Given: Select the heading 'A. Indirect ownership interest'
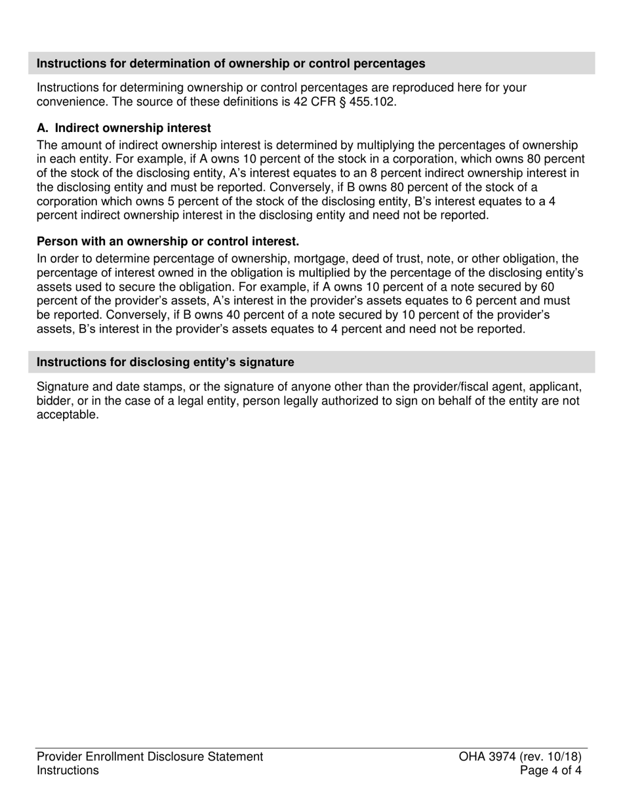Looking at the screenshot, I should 124,128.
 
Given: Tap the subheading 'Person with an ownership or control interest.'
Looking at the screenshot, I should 168,241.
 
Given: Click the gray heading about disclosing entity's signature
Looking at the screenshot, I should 165,362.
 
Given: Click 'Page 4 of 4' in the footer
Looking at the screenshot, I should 550,770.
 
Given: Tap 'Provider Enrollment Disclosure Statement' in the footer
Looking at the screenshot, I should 150,756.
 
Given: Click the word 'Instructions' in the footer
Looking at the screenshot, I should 68,770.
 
